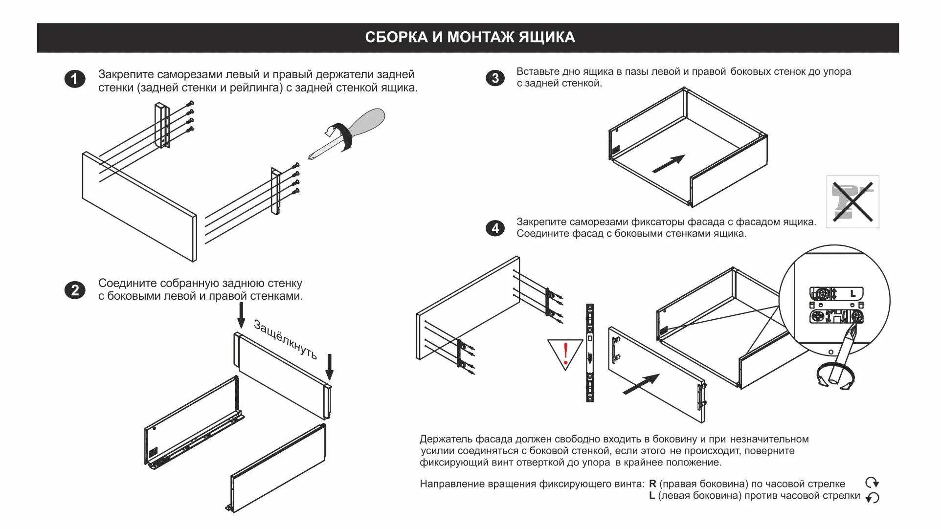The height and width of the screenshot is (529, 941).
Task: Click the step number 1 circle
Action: coord(75,79)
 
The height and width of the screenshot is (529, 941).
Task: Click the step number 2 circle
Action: coord(75,290)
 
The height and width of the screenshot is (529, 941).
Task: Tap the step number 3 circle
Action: coord(495,78)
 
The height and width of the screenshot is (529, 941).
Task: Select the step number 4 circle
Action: coord(495,228)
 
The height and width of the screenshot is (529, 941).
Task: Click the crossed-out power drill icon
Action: coord(852,202)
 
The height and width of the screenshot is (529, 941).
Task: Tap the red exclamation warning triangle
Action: coord(565,353)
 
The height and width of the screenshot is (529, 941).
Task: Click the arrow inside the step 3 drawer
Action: coord(669,164)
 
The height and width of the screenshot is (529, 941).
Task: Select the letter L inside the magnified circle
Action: coord(853,294)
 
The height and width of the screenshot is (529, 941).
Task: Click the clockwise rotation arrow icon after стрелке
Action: coord(872,483)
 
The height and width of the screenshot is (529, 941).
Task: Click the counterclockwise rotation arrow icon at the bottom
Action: coord(872,498)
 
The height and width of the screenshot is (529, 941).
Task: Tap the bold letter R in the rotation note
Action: coord(652,484)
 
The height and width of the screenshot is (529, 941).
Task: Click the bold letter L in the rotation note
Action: coord(652,496)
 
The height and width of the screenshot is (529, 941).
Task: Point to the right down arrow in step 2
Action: coord(329,367)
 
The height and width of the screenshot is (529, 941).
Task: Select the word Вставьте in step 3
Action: coord(538,72)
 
